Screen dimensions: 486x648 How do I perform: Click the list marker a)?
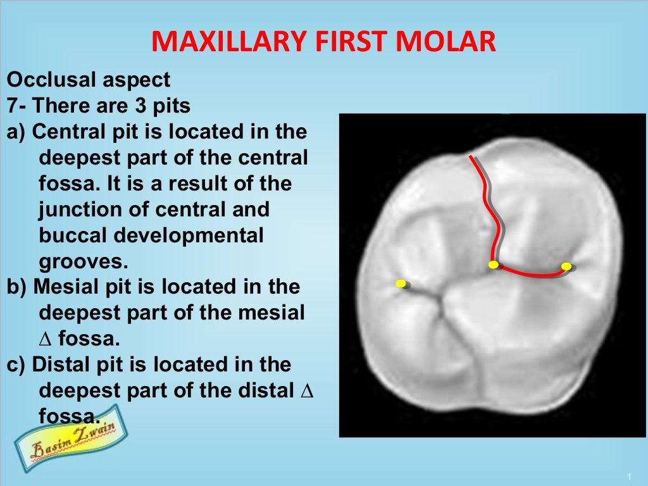tap(16, 132)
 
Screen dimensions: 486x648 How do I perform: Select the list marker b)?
tap(17, 287)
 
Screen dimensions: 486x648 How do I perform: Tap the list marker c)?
tap(16, 364)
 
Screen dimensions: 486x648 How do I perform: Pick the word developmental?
tap(189, 235)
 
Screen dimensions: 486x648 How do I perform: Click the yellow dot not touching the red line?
tap(400, 283)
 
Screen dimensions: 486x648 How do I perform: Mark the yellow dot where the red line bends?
tap(494, 265)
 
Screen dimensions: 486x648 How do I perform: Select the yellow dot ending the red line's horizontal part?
tap(566, 266)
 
